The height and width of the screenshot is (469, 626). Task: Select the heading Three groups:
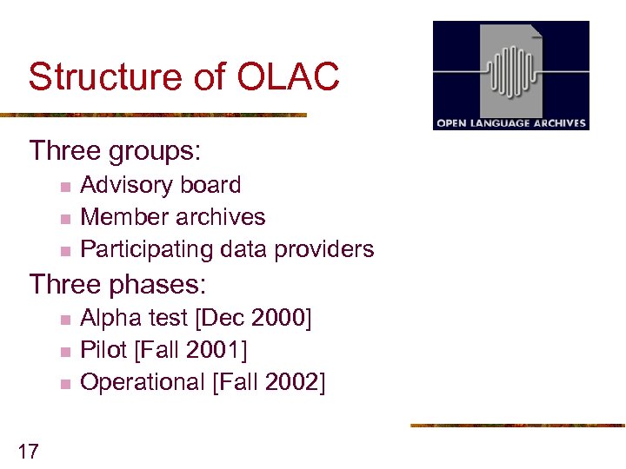click(115, 151)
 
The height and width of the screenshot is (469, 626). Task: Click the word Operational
click(142, 383)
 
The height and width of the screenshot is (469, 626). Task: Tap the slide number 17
click(28, 450)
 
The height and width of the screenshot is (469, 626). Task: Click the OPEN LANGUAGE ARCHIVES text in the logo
click(511, 123)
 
